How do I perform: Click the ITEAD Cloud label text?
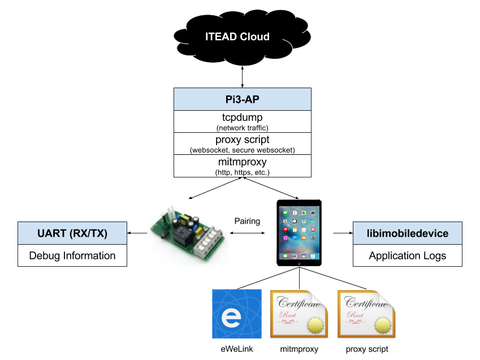tap(237, 37)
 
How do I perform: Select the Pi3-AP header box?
tap(243, 99)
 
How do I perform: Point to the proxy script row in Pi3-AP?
tap(243, 139)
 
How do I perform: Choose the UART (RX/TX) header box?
tap(72, 233)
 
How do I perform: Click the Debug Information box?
tap(72, 255)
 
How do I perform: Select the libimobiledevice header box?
tap(408, 233)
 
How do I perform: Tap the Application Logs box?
tap(408, 255)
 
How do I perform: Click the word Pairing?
tap(247, 221)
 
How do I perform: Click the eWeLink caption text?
tap(236, 349)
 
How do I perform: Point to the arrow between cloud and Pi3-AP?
tap(243, 75)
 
